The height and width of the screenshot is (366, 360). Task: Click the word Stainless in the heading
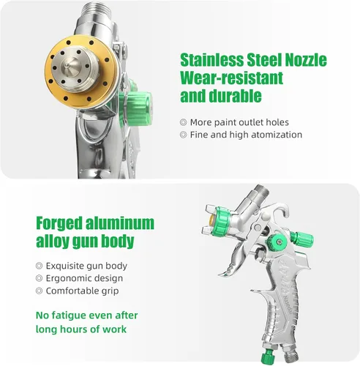[211, 60]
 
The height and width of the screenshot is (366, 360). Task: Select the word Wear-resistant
[232, 78]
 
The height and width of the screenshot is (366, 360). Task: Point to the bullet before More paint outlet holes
[183, 122]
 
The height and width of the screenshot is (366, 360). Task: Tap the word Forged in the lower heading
[59, 223]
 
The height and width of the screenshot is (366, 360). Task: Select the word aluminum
[120, 223]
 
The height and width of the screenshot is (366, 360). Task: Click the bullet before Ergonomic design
[39, 278]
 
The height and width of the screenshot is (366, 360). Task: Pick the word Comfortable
[69, 291]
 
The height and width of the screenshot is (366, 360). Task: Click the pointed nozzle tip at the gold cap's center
[67, 65]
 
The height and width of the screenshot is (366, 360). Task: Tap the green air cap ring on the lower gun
[220, 221]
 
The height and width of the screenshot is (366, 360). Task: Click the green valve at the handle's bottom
[269, 355]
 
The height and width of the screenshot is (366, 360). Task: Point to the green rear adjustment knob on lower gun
[301, 239]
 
